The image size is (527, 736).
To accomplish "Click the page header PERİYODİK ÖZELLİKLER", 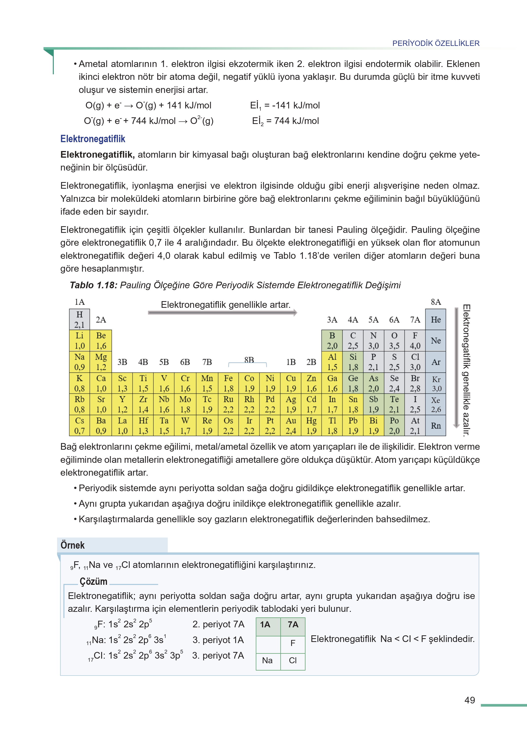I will (436, 43).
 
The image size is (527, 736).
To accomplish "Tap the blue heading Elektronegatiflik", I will (93, 139).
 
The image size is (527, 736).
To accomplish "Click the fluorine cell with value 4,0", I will (415, 340).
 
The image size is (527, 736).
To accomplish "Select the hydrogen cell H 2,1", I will (79, 319).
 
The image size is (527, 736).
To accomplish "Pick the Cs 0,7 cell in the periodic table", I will (79, 425).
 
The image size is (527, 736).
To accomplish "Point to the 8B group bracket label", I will (249, 360).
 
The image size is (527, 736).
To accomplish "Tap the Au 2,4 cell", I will (291, 425).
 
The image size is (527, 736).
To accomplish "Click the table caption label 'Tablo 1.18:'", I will (93, 285).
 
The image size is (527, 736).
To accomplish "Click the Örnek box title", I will (73, 545).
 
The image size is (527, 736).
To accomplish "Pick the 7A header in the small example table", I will (293, 624).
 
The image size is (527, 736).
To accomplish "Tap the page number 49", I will (469, 700).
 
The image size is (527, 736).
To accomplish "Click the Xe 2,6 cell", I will (436, 404).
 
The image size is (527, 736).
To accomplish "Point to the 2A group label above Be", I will (101, 320).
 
